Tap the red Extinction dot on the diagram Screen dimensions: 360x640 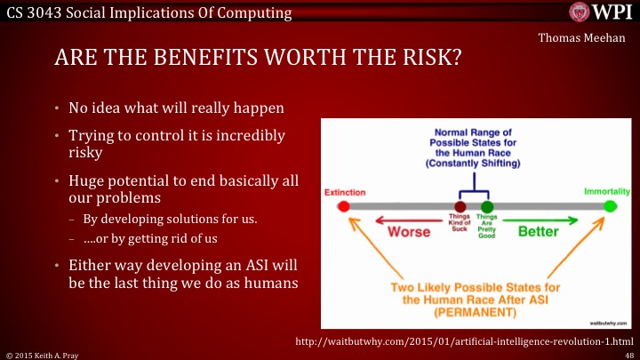coord(344,207)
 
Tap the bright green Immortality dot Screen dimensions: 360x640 coord(609,207)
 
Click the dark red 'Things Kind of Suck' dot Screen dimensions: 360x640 coord(460,207)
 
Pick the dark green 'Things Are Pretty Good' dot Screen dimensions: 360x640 coord(486,207)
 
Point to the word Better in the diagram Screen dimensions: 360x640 coord(538,232)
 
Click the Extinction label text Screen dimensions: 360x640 coord(344,192)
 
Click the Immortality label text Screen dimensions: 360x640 coord(607,191)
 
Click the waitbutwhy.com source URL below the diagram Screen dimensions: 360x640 coord(462,340)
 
